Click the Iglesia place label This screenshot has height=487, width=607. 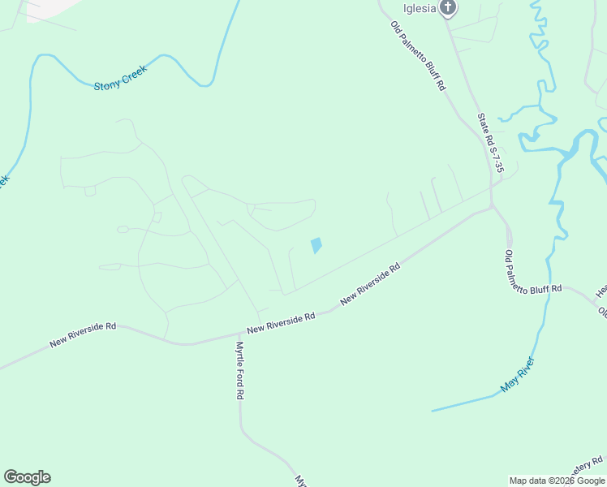click(x=420, y=8)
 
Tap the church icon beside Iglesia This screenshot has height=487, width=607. click(x=447, y=8)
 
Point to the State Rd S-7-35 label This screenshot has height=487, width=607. click(x=491, y=144)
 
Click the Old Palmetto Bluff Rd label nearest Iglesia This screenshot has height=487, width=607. click(x=418, y=55)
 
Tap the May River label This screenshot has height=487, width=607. click(x=517, y=375)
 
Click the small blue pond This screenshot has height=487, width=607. click(x=316, y=245)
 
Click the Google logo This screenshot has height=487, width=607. click(x=27, y=477)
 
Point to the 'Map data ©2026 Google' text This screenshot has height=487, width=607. click(x=557, y=481)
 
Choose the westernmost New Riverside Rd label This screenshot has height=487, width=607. click(x=83, y=334)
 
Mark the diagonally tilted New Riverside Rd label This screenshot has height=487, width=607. click(x=371, y=283)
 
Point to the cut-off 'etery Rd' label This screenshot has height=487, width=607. click(x=587, y=468)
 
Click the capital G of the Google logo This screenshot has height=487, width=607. click(x=11, y=477)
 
